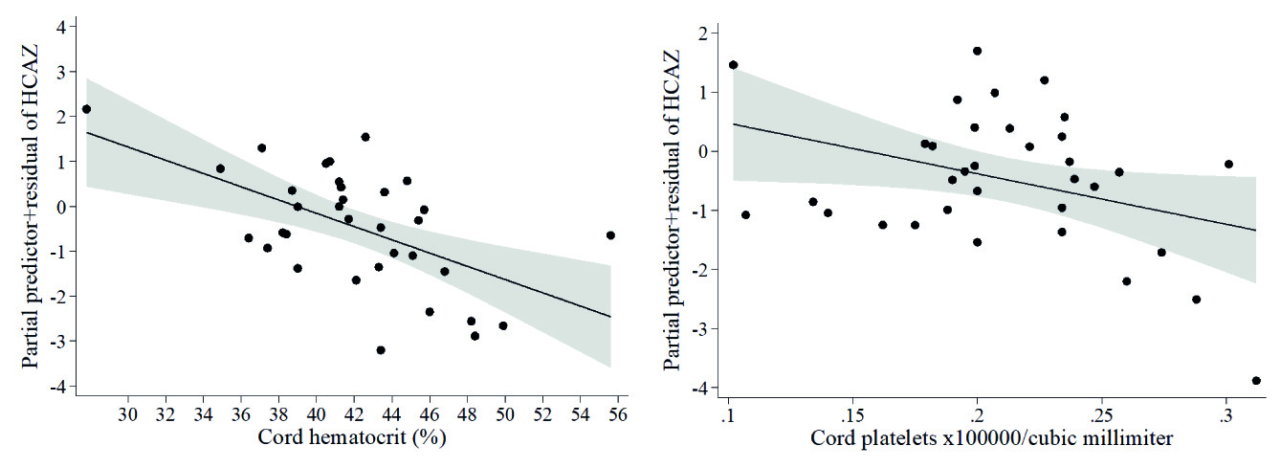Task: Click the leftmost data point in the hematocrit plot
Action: click(x=86, y=109)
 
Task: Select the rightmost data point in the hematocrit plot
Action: click(x=610, y=234)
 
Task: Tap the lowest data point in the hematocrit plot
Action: click(x=381, y=350)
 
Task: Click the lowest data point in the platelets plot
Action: click(x=1256, y=381)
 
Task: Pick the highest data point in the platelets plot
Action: click(x=977, y=51)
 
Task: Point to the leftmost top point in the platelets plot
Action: click(x=733, y=65)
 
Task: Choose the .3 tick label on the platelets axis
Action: click(x=1225, y=417)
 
